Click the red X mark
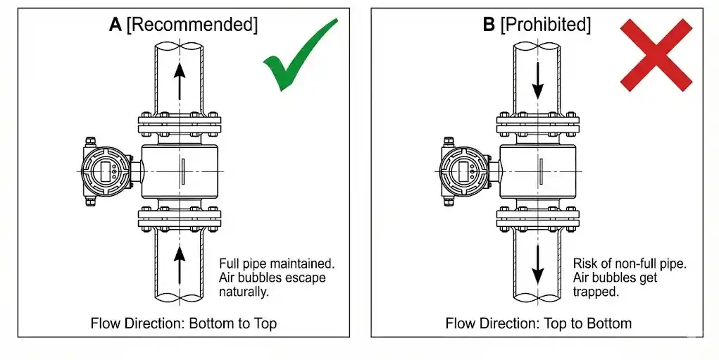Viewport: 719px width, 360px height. pyautogui.click(x=655, y=55)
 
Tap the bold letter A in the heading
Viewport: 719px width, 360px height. pyautogui.click(x=115, y=25)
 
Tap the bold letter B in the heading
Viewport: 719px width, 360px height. pyautogui.click(x=488, y=25)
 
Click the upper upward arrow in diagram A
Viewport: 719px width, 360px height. pyautogui.click(x=180, y=79)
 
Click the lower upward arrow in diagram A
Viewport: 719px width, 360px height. pyautogui.click(x=180, y=263)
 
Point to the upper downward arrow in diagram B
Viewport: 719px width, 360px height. pyautogui.click(x=538, y=80)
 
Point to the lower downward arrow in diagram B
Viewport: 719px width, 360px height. pyautogui.click(x=538, y=264)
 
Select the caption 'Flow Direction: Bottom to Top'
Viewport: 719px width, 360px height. pyautogui.click(x=184, y=323)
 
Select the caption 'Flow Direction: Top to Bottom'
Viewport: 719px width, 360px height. pyautogui.click(x=539, y=323)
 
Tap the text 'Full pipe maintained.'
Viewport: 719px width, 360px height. pyautogui.click(x=277, y=263)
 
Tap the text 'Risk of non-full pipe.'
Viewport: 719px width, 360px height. pyautogui.click(x=630, y=263)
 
